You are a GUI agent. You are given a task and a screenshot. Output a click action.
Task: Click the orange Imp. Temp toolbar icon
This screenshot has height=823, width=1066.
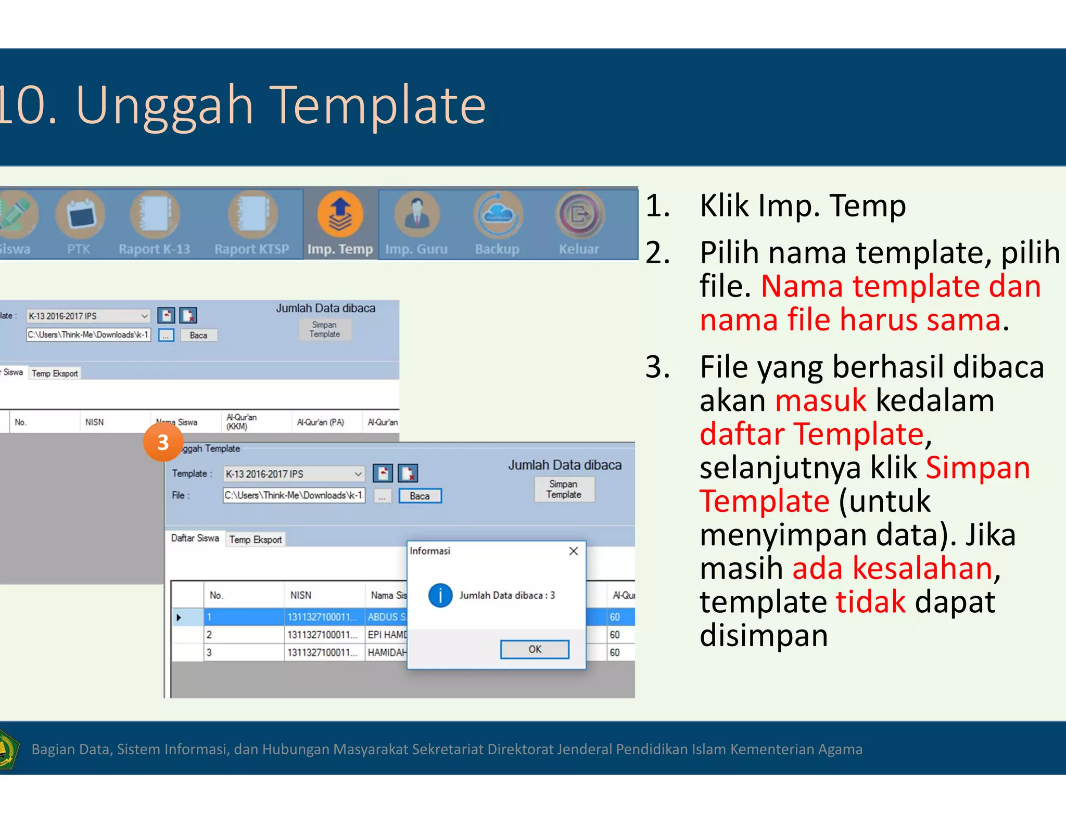point(340,214)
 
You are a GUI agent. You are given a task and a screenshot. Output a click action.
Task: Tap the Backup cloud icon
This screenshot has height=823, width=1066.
point(498,214)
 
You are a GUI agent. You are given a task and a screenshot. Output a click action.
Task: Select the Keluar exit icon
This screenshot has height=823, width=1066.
point(579,214)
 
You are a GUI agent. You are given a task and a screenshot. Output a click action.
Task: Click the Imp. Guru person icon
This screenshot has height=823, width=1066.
point(416,214)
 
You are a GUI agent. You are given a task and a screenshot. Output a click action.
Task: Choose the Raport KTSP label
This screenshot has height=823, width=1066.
point(251,249)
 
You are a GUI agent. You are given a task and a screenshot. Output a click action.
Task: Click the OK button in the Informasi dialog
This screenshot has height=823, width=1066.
point(535,649)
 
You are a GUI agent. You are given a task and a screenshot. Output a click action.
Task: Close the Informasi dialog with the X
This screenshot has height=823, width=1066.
point(574,551)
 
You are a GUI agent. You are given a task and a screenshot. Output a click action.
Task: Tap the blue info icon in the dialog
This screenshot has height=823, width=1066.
point(440,595)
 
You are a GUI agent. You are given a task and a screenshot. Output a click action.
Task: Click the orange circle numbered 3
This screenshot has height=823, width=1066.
point(163,442)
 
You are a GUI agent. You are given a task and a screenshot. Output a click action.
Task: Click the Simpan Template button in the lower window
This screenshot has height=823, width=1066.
point(564,489)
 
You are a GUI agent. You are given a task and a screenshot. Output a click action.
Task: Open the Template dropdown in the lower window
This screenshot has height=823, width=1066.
point(358,474)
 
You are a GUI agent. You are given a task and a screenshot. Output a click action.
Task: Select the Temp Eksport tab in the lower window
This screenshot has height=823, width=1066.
point(256,539)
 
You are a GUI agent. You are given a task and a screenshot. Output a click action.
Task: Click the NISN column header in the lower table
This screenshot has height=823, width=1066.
point(301,595)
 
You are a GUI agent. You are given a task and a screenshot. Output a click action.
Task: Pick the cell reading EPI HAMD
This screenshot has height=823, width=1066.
point(387,635)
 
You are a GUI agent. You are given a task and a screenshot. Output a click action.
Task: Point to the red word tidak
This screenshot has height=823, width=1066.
point(870,602)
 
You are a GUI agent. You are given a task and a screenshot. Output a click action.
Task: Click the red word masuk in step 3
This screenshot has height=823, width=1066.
point(820,401)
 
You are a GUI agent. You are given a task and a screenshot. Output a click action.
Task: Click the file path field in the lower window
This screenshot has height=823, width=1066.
point(294,495)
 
